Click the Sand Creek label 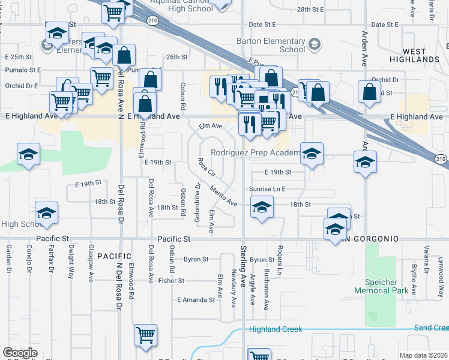point(431,328)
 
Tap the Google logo point(20,353)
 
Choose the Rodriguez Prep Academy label point(255,153)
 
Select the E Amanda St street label point(196,299)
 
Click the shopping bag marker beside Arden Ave point(369,92)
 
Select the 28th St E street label point(310,10)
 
